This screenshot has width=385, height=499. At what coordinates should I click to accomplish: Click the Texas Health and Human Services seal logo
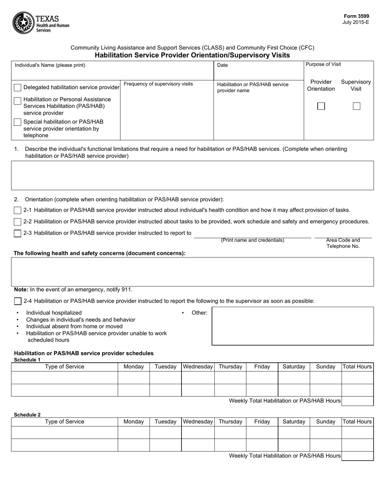(24, 23)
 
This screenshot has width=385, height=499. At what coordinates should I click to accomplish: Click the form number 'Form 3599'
(355, 16)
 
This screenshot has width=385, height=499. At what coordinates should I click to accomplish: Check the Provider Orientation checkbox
(321, 106)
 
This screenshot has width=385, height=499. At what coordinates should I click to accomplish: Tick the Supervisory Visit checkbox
(356, 106)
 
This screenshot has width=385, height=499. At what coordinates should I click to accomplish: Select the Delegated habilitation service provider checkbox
(18, 88)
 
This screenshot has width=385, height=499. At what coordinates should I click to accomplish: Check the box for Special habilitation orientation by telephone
(18, 122)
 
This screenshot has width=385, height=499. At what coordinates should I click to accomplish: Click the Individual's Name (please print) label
(50, 65)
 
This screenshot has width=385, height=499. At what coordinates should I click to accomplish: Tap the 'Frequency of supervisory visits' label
(158, 84)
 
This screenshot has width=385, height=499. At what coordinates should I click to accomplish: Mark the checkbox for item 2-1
(17, 210)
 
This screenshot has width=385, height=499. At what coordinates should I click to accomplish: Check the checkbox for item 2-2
(17, 222)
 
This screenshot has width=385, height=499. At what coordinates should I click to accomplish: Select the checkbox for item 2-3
(17, 233)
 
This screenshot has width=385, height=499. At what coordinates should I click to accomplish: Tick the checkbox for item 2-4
(17, 301)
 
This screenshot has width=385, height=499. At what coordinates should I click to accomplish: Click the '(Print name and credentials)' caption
(252, 240)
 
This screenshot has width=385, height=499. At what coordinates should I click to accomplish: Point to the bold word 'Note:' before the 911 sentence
(21, 290)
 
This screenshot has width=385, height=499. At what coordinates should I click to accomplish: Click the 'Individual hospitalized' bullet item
(54, 313)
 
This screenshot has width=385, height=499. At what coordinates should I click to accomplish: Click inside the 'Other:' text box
(293, 326)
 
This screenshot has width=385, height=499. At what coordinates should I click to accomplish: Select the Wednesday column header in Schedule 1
(198, 367)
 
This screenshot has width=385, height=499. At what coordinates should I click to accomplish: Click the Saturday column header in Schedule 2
(294, 422)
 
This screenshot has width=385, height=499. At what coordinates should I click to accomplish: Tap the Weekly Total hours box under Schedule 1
(357, 401)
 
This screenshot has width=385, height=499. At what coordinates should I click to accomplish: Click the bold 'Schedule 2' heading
(27, 415)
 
